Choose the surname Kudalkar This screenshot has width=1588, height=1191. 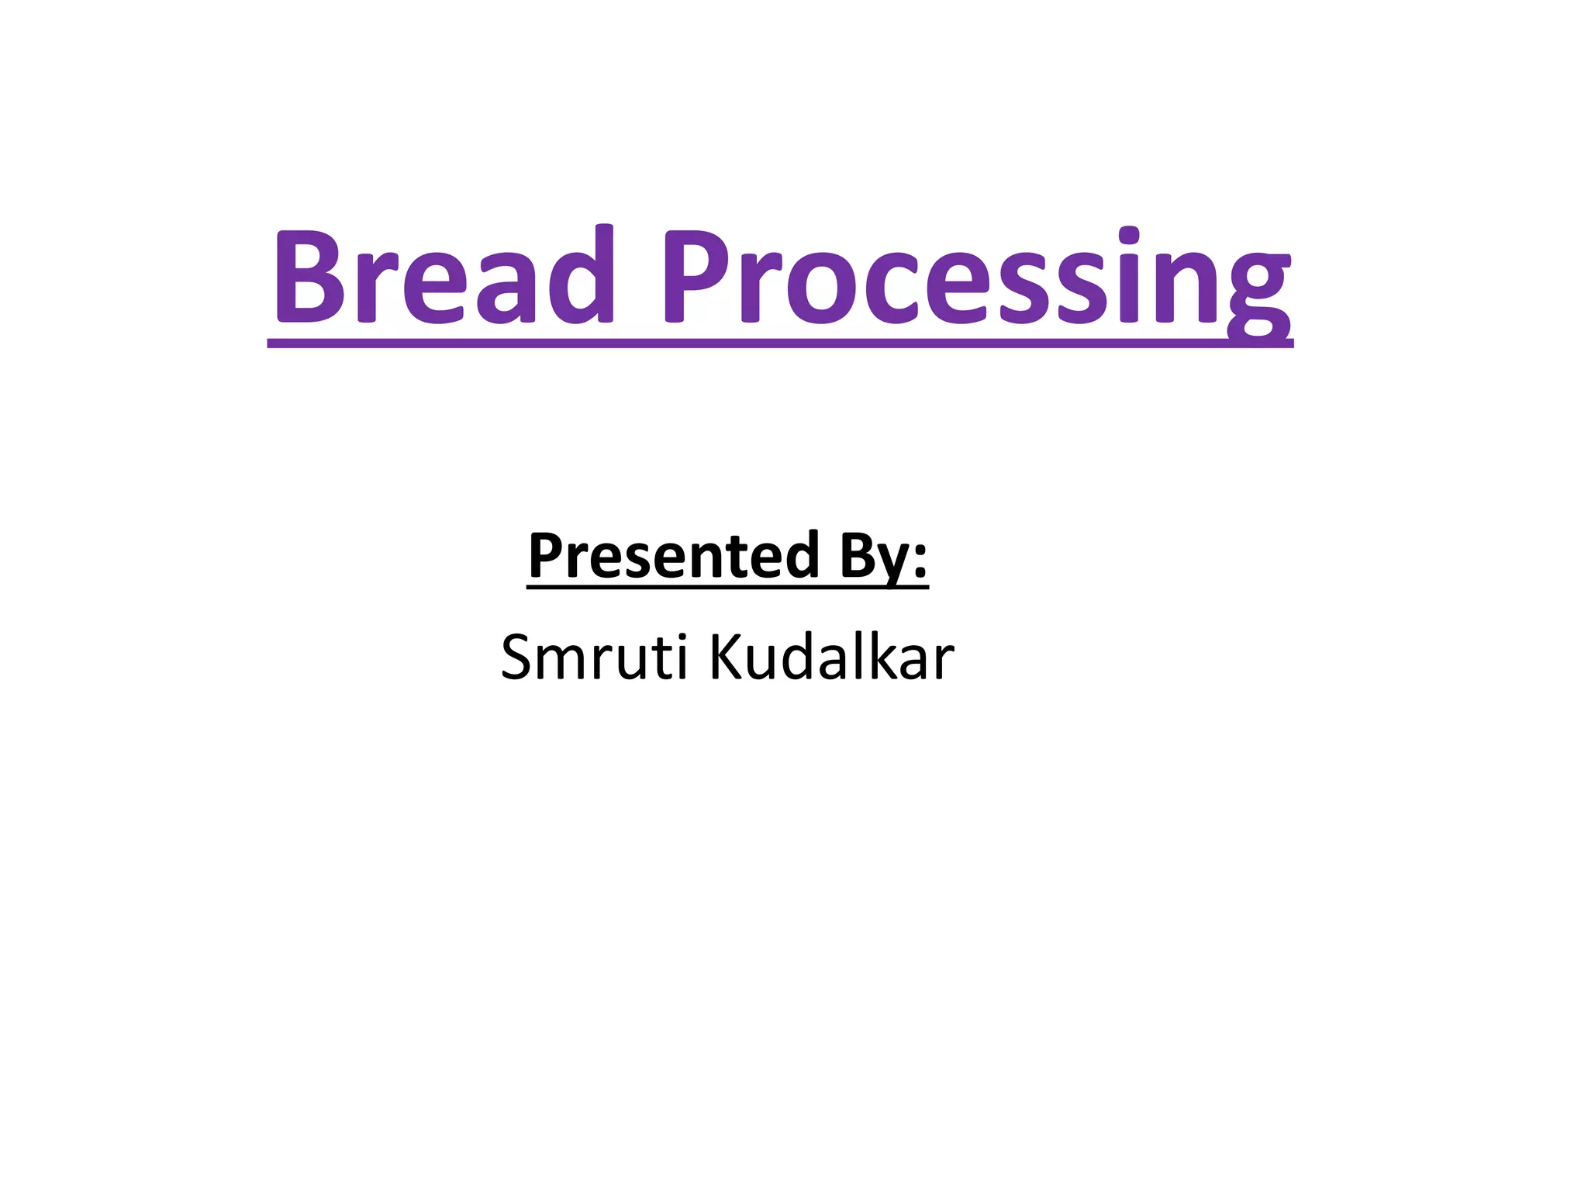pyautogui.click(x=831, y=658)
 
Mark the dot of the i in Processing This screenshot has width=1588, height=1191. pyautogui.click(x=1130, y=234)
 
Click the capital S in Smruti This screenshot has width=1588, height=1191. pyautogui.click(x=517, y=658)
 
